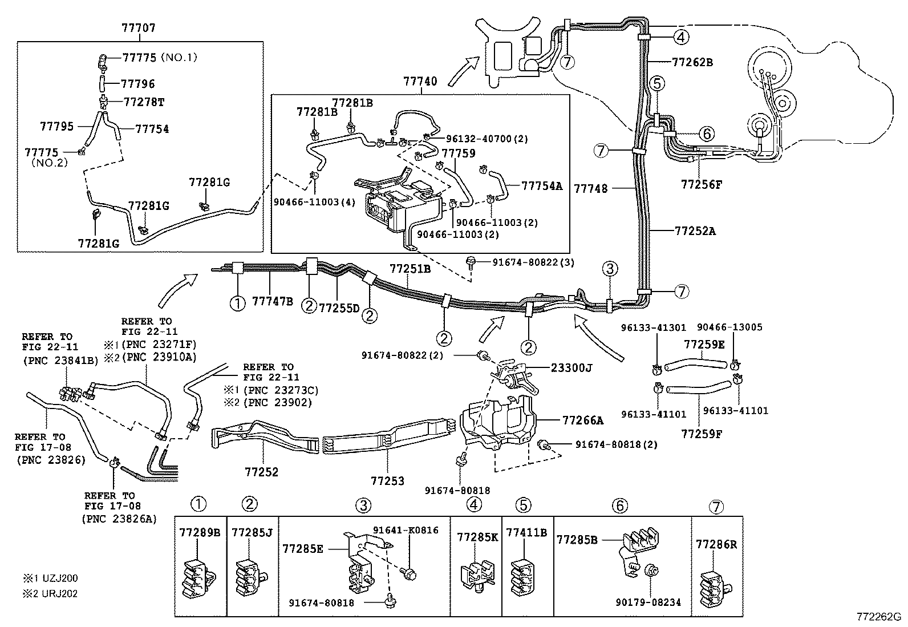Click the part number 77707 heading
point(139,27)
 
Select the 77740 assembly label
point(420,82)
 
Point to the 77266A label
point(583,420)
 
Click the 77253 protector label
point(387,481)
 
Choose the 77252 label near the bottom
point(262,472)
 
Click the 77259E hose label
point(704,344)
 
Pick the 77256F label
point(702,184)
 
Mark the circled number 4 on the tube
point(681,38)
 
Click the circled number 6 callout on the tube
point(706,134)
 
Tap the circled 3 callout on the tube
point(610,269)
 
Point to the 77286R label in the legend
point(716,544)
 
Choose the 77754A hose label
point(542,185)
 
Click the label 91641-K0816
point(406,530)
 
